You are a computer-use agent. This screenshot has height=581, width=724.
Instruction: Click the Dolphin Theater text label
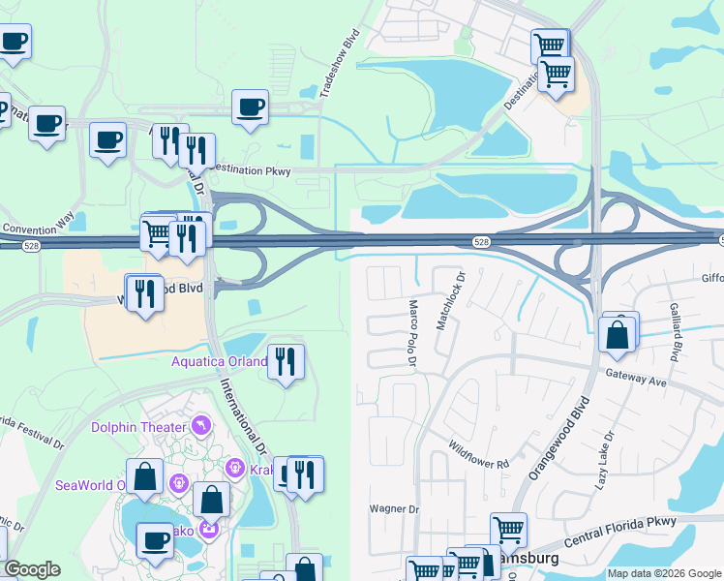(138, 427)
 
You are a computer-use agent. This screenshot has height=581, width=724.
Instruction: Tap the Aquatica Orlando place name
(220, 362)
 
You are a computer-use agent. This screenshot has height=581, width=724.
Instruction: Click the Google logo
(32, 569)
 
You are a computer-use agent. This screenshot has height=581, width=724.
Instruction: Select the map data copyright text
(664, 573)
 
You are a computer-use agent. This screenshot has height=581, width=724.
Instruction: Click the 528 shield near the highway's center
(481, 241)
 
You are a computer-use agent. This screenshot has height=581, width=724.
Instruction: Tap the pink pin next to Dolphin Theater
(200, 425)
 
